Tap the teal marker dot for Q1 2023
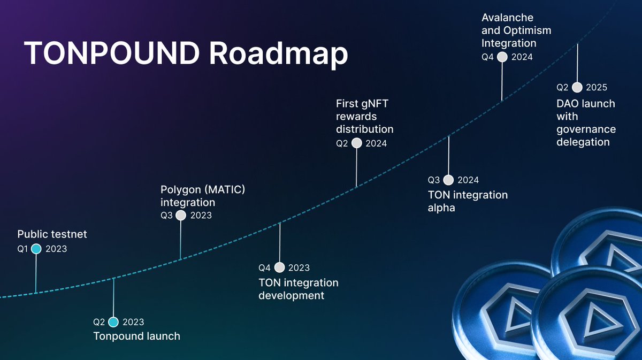pyautogui.click(x=36, y=249)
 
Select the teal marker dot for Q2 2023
pyautogui.click(x=113, y=322)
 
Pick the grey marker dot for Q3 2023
pyautogui.click(x=181, y=216)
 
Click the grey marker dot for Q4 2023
pyautogui.click(x=279, y=267)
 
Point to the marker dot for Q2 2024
pyautogui.click(x=356, y=143)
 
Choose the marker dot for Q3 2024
pyautogui.click(x=448, y=180)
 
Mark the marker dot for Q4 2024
pyautogui.click(x=502, y=57)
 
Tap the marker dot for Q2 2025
pyautogui.click(x=577, y=88)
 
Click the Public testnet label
pyautogui.click(x=52, y=234)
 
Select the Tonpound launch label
pyautogui.click(x=136, y=336)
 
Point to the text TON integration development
pyautogui.click(x=298, y=289)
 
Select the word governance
pyautogui.click(x=586, y=129)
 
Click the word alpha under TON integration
pyautogui.click(x=441, y=208)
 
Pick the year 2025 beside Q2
pyautogui.click(x=597, y=88)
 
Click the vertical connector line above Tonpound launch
pyautogui.click(x=113, y=297)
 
